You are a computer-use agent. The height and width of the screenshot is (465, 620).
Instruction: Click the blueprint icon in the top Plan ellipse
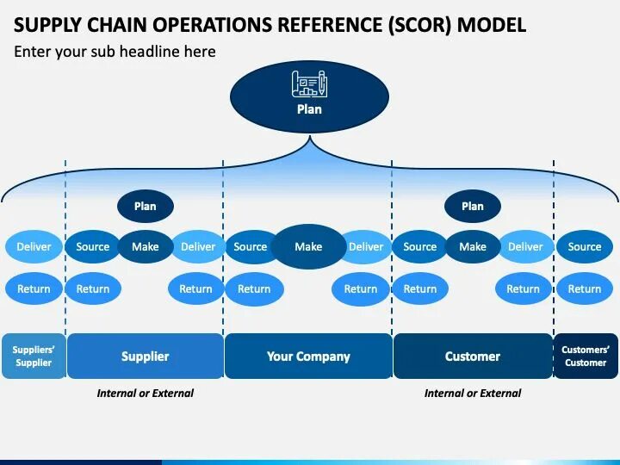pyautogui.click(x=309, y=84)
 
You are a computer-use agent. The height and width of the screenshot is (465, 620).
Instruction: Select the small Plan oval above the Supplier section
pyautogui.click(x=146, y=206)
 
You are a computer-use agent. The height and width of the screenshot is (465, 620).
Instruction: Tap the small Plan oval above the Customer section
pyautogui.click(x=473, y=206)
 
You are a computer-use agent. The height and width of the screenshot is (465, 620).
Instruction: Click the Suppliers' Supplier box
pyautogui.click(x=34, y=356)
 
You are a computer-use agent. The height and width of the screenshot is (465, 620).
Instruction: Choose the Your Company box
pyautogui.click(x=308, y=356)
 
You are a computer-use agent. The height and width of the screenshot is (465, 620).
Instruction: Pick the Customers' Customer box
pyautogui.click(x=586, y=356)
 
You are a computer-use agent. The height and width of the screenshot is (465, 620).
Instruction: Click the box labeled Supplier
pyautogui.click(x=145, y=356)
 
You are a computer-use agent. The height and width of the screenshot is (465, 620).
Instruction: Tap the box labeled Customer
pyautogui.click(x=473, y=356)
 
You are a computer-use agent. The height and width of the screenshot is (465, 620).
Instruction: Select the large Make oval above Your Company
pyautogui.click(x=308, y=246)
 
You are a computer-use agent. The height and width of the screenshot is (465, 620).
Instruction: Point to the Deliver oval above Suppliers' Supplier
pyautogui.click(x=34, y=246)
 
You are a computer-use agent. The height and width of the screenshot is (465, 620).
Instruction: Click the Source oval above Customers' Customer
pyautogui.click(x=585, y=246)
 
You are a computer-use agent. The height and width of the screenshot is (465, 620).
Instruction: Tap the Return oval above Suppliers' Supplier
pyautogui.click(x=34, y=288)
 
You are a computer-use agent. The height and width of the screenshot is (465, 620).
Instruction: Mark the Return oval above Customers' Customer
pyautogui.click(x=585, y=288)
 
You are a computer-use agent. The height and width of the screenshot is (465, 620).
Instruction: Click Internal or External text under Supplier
pyautogui.click(x=145, y=393)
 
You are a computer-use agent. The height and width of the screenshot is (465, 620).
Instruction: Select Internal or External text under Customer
pyautogui.click(x=473, y=393)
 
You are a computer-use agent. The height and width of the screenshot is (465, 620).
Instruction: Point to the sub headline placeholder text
pyautogui.click(x=115, y=52)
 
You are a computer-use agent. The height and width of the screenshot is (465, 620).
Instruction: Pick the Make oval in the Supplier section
pyautogui.click(x=146, y=246)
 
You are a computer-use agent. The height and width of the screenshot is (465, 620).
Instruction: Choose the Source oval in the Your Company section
pyautogui.click(x=250, y=246)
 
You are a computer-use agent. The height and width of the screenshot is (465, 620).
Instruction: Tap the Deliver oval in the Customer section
pyautogui.click(x=525, y=246)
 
